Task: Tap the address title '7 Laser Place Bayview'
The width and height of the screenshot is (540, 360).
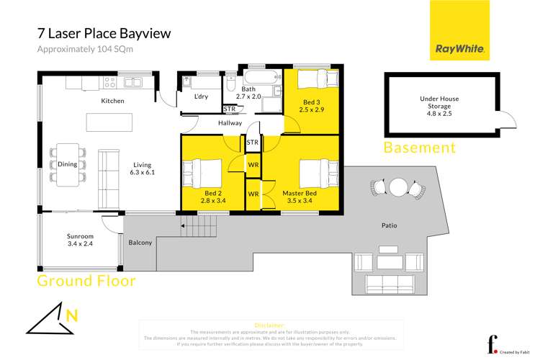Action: pos(104,34)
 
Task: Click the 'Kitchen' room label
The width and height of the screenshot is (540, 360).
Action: pos(112,101)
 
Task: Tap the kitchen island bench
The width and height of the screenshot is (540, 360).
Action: pos(109,122)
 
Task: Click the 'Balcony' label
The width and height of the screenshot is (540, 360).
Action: pos(140,243)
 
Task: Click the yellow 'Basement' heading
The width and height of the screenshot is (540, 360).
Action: pos(420,148)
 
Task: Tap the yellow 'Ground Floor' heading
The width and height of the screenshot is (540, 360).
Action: pos(86,281)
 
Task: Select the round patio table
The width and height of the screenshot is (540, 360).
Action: pos(398,187)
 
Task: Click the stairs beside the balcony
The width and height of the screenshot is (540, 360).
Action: pos(189,229)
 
